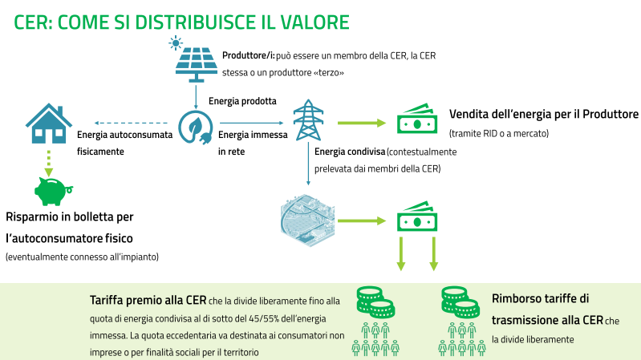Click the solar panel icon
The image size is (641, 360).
coord(197,65)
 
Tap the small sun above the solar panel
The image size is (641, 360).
coord(176,42)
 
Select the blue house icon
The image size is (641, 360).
coord(49,123)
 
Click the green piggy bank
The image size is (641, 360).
coord(53,191)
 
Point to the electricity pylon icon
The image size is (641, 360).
coord(308,120)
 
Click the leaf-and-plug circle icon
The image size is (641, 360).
coord(196,127)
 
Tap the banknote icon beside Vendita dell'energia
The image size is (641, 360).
coord(417,119)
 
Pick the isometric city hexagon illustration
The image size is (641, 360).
coord(308,220)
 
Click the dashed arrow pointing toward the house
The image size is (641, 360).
coord(131,123)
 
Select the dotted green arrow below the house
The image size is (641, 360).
coord(49,164)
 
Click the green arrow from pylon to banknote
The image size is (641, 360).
coord(362,123)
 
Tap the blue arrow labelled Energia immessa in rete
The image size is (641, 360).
coord(251,123)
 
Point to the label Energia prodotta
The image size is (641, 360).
coord(242,101)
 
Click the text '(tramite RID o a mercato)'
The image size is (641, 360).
coord(499,134)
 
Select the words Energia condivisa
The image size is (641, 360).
coord(350,152)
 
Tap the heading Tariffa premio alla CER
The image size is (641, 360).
coord(148,301)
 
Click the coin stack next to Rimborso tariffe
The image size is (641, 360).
coord(460,302)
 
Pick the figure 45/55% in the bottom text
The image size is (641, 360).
coord(266,319)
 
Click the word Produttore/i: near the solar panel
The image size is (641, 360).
coord(248,55)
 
